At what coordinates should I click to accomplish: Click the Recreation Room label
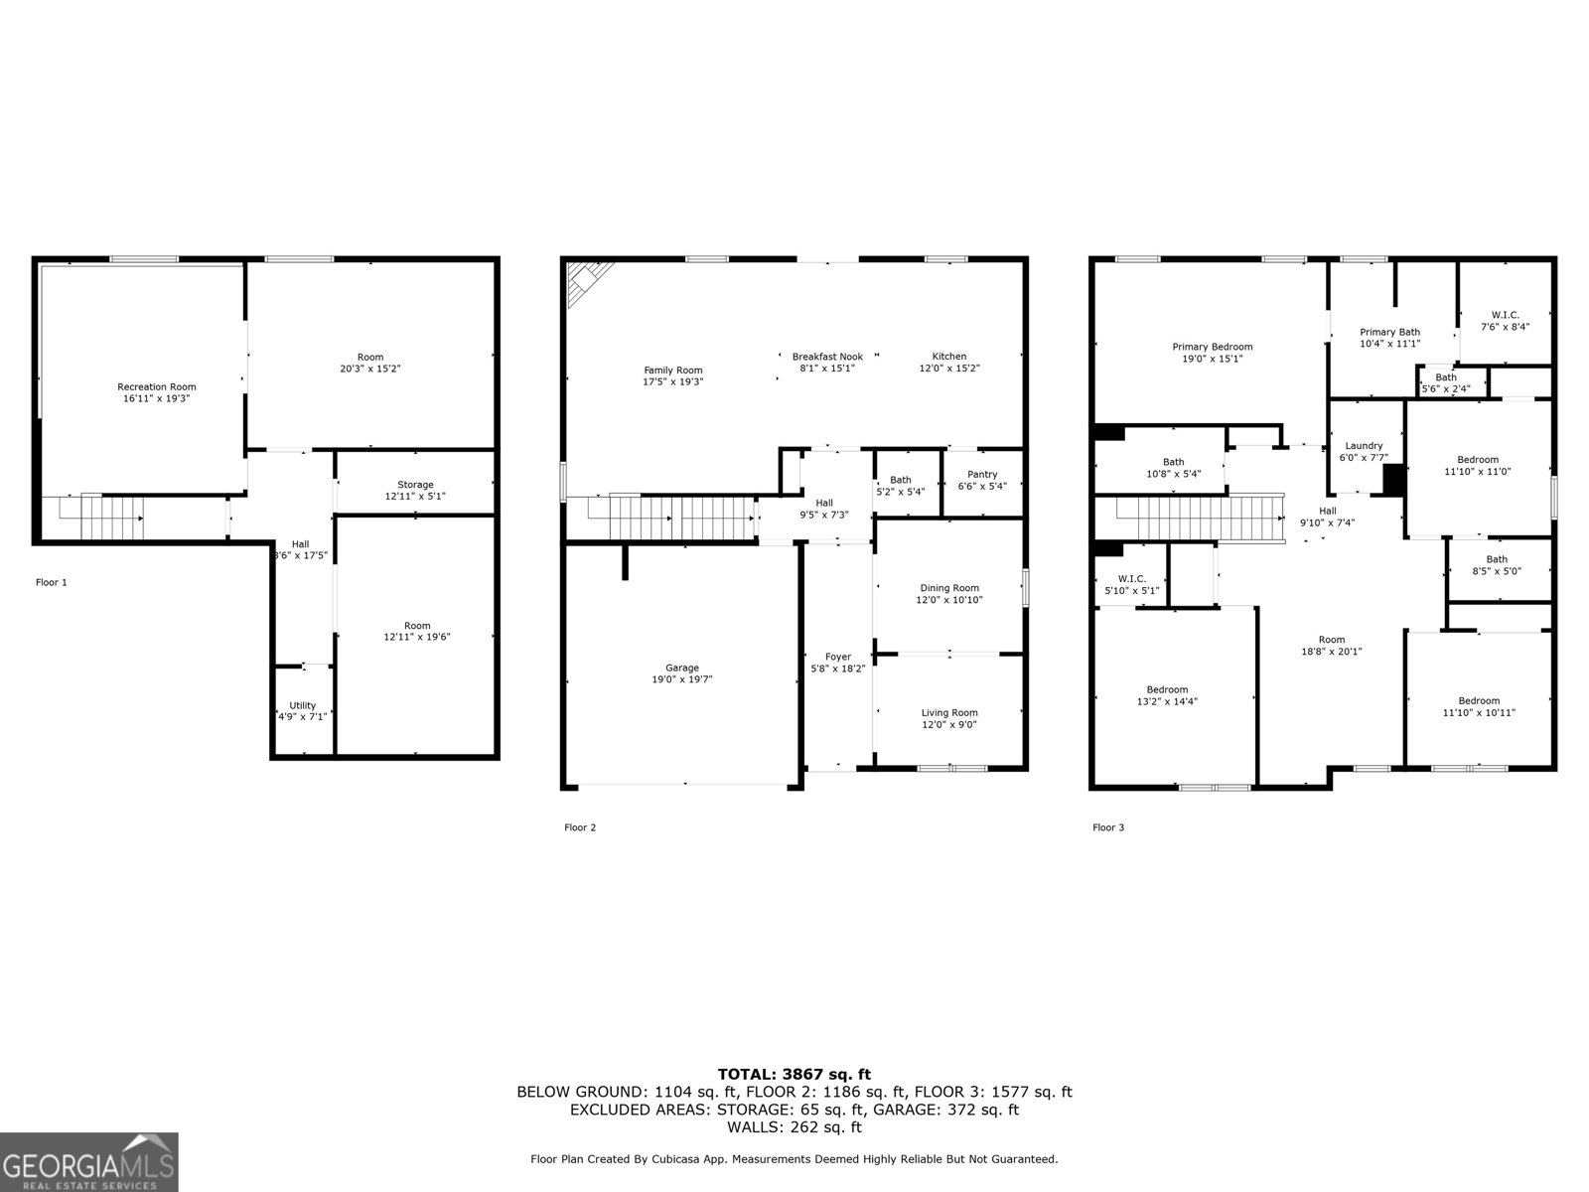click(x=156, y=387)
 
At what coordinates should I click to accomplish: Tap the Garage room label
click(x=681, y=668)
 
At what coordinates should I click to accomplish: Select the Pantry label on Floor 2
click(x=982, y=475)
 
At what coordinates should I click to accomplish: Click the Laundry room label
click(x=1364, y=446)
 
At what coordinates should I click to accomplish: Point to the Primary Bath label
click(x=1389, y=332)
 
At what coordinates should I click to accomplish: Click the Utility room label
click(x=302, y=705)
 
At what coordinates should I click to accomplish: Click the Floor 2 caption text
click(x=580, y=826)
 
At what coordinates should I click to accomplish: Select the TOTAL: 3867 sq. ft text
click(x=794, y=1074)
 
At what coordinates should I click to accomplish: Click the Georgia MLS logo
click(x=88, y=1161)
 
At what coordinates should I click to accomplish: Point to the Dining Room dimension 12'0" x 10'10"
click(x=948, y=600)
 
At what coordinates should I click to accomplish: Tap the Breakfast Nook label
click(x=826, y=357)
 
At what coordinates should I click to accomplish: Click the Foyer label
click(x=837, y=657)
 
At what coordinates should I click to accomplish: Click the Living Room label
click(x=948, y=712)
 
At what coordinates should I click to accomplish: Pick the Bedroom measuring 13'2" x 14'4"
click(x=1167, y=695)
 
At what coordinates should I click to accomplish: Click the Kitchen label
click(x=948, y=357)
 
